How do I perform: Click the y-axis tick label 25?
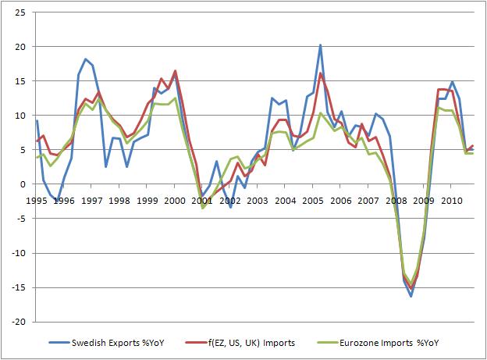pos(20,12)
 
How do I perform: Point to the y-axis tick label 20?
pos(20,47)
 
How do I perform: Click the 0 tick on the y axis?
pos(23,184)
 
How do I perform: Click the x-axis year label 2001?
pos(204,201)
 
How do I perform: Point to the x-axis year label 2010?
pos(452,201)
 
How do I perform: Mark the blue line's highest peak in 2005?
pos(320,45)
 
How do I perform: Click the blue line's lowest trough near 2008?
pos(411,296)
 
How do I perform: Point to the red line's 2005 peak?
pos(320,73)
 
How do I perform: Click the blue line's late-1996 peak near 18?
pos(86,59)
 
